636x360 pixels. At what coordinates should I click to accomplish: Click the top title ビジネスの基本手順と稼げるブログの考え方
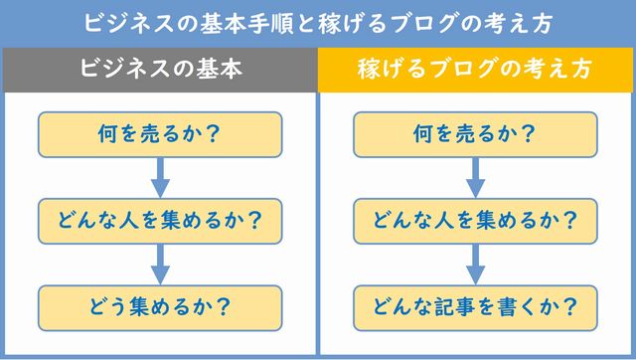click(x=317, y=21)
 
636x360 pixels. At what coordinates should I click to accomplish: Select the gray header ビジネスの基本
click(x=160, y=71)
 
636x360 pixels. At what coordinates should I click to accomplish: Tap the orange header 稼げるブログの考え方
click(x=475, y=71)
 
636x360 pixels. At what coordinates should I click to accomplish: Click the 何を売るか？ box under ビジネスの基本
click(x=160, y=133)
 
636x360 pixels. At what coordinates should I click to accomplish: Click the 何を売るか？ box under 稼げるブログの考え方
click(x=475, y=133)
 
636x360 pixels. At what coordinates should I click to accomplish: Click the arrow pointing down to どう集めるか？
click(x=160, y=264)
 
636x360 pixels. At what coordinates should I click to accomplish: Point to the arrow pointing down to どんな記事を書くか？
click(x=475, y=264)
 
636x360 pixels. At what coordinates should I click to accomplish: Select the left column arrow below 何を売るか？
click(x=160, y=177)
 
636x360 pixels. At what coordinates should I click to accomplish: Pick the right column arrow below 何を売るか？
click(x=475, y=177)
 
